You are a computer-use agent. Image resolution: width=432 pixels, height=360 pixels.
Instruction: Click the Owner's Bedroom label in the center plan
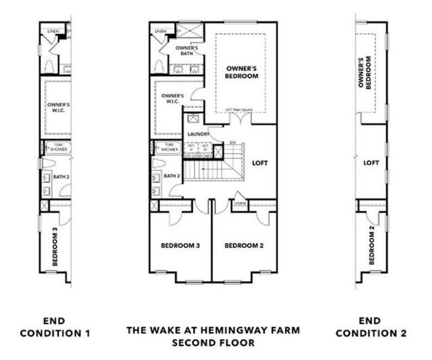242,72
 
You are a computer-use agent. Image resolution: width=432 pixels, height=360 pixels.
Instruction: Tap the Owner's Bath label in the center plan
187,50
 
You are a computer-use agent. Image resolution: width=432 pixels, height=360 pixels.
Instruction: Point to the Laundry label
197,134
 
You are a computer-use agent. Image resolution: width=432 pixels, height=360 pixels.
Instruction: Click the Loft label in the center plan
259,162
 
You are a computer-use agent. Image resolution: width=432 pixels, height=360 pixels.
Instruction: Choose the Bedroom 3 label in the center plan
180,245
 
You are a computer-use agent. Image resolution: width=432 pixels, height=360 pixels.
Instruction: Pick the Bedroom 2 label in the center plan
244,245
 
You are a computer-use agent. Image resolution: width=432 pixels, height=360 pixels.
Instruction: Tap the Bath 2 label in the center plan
172,176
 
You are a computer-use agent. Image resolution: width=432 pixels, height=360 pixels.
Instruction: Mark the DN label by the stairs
232,142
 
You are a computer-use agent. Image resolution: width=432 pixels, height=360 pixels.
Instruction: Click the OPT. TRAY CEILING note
238,110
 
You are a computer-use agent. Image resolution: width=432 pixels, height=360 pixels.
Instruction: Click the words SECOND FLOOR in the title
212,343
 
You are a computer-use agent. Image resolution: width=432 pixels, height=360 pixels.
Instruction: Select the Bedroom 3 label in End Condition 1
55,247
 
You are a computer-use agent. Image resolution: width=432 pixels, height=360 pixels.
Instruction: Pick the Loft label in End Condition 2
371,162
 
